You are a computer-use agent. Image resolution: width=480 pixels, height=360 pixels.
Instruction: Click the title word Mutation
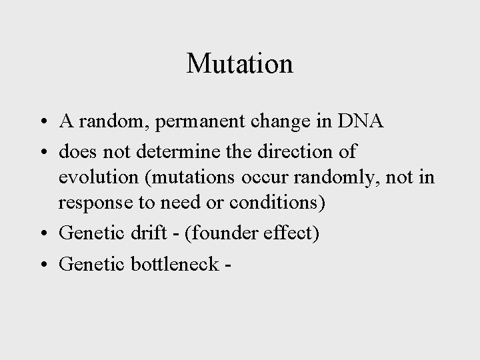[x=240, y=64]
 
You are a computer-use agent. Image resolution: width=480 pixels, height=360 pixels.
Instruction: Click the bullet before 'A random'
[x=42, y=123]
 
